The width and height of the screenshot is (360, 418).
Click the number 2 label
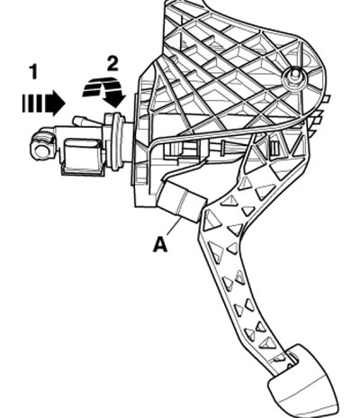(x=112, y=64)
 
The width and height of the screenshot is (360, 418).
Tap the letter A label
(x=160, y=245)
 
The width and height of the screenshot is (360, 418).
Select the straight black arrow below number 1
(x=44, y=103)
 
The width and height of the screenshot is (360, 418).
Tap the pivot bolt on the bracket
(x=294, y=78)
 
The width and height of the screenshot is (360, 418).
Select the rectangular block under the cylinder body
(x=81, y=157)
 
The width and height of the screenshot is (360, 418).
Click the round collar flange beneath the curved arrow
(x=114, y=141)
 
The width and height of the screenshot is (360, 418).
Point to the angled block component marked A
(x=181, y=200)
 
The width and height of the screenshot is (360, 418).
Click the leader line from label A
(x=174, y=227)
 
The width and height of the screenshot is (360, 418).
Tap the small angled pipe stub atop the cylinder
(x=84, y=122)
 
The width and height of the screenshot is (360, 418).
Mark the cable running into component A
(x=183, y=168)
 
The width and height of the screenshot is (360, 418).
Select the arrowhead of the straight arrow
(x=56, y=103)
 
